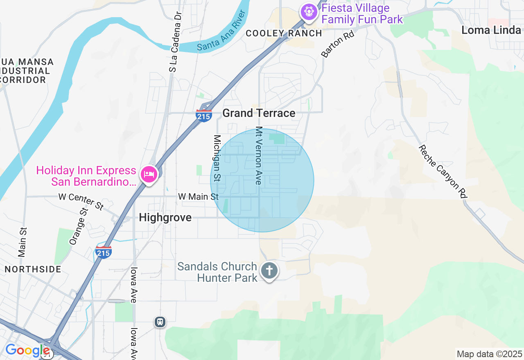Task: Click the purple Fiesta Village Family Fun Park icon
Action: (309, 11)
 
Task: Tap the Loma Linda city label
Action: (491, 30)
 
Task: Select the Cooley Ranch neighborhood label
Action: (284, 33)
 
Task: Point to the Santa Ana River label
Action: (221, 31)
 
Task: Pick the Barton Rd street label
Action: (338, 44)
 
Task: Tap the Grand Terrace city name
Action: (259, 113)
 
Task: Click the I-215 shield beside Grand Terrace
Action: (203, 116)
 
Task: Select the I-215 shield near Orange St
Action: (103, 252)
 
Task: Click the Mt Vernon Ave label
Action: (259, 155)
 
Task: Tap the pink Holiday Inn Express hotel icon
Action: (149, 175)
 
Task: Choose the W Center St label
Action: (81, 201)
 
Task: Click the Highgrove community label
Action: (165, 218)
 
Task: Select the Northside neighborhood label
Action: (33, 269)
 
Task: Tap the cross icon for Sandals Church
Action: (269, 271)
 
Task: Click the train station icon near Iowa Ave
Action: (160, 322)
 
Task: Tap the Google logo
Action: (27, 351)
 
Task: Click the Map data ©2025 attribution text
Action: (489, 354)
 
